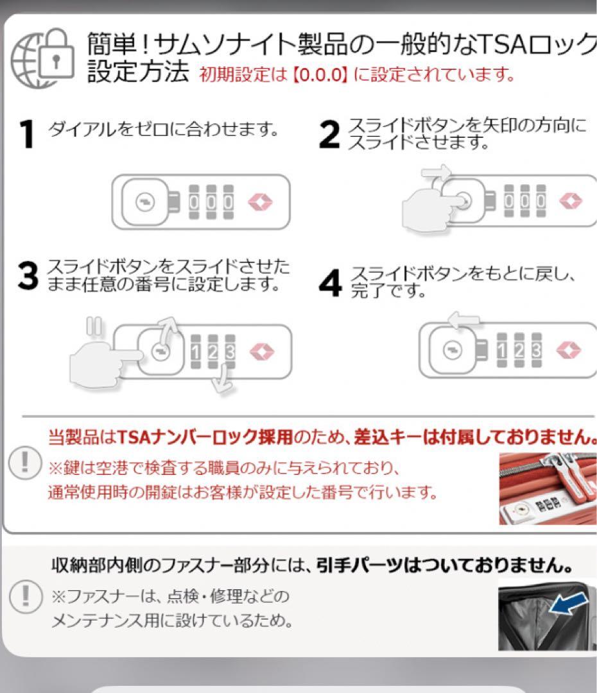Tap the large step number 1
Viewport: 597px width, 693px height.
coord(26,134)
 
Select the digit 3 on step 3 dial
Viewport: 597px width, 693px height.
coord(229,351)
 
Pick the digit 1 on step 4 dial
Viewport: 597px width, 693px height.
coord(503,350)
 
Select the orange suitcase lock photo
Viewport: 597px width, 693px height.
coord(548,488)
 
